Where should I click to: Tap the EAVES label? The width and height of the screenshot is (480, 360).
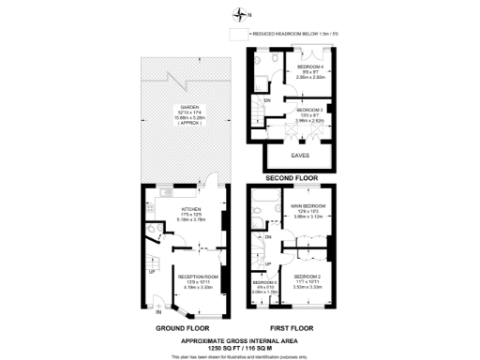(x=300, y=155)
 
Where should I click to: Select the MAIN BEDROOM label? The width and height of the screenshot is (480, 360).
(x=308, y=205)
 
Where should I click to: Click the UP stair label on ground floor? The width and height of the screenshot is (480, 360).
(x=153, y=248)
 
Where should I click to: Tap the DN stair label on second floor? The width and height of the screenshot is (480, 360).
(x=267, y=100)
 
